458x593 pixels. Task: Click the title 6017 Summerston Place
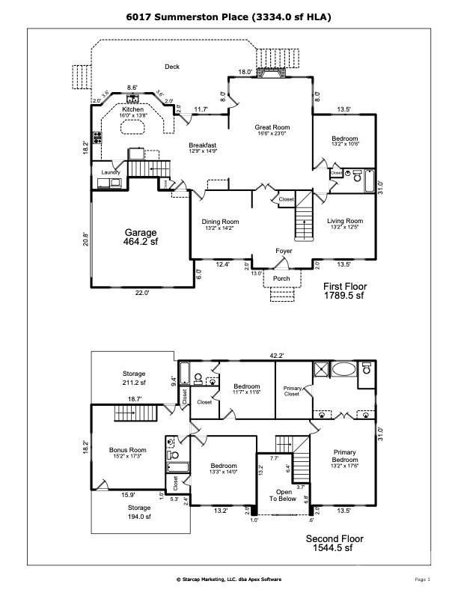click(229, 16)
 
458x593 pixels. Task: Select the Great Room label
click(272, 128)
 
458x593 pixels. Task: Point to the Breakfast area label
click(202, 145)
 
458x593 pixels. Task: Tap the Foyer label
click(284, 251)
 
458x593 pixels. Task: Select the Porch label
click(281, 279)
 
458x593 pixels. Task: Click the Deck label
click(171, 67)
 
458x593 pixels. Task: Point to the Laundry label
click(110, 172)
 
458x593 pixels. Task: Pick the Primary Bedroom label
click(344, 456)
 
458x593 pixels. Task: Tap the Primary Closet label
click(292, 391)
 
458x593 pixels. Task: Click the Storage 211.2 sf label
click(134, 377)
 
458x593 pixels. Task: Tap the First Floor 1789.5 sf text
click(343, 291)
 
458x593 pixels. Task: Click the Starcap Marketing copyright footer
click(229, 580)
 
